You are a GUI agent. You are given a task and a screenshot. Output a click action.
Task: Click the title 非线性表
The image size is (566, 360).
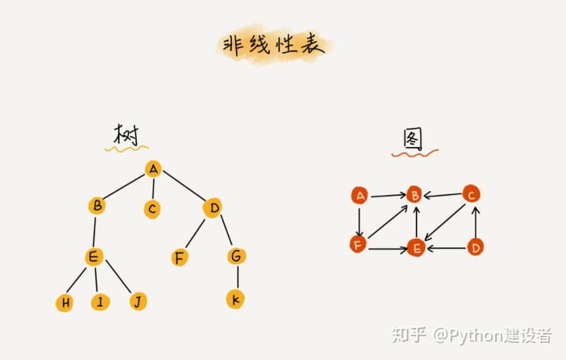click(274, 46)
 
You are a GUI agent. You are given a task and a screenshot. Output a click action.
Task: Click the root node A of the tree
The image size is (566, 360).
click(154, 168)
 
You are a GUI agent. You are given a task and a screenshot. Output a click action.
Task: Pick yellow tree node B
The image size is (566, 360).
click(97, 206)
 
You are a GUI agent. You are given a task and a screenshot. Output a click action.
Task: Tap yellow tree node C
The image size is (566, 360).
click(153, 209)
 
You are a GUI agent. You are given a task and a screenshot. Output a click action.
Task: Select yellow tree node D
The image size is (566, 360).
click(212, 208)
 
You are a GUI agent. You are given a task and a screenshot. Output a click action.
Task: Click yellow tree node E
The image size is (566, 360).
click(94, 256)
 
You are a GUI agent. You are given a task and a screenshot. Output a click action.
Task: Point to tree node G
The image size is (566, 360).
click(236, 255)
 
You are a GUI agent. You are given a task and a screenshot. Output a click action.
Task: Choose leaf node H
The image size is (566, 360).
click(64, 303)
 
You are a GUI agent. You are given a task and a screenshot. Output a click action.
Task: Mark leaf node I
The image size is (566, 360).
click(100, 302)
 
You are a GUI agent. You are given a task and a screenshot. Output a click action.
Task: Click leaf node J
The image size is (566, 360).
click(138, 301)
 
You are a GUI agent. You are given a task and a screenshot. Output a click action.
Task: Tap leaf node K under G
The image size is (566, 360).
click(235, 299)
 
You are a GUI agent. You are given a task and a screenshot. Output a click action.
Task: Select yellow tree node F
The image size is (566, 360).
click(180, 257)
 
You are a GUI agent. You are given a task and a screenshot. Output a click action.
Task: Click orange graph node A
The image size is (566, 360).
click(360, 196)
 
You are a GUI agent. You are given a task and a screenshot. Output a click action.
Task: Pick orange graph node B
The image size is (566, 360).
click(415, 195)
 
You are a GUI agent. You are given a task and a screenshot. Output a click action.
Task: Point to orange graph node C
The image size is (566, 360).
click(471, 193)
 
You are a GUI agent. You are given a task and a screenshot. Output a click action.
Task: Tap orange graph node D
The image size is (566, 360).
click(475, 248)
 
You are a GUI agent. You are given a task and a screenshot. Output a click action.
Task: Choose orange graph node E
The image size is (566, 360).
click(416, 249)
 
